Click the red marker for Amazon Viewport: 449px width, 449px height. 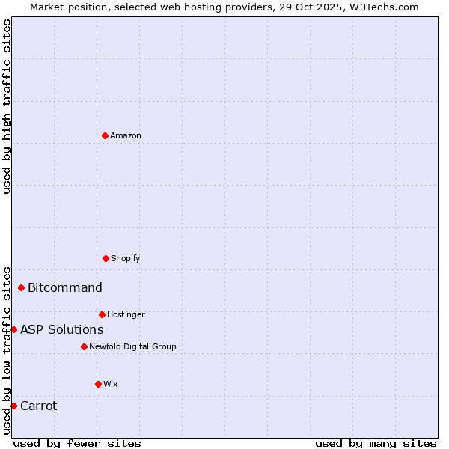(x=105, y=135)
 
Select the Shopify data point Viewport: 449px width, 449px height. (x=106, y=258)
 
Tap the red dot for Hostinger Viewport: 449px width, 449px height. (x=102, y=314)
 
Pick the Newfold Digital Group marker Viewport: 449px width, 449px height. (x=84, y=346)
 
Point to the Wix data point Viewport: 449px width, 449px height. (x=98, y=384)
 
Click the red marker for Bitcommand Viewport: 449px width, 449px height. (x=21, y=287)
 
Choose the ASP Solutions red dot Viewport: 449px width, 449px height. (x=13, y=329)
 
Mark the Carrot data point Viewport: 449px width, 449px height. (x=13, y=406)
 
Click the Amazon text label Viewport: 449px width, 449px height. (x=126, y=136)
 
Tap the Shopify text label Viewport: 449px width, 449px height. (x=126, y=259)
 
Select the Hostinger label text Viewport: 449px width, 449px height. (x=126, y=315)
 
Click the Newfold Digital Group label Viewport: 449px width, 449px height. (x=132, y=347)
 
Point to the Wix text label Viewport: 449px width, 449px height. (x=111, y=385)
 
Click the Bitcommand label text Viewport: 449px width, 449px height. (x=65, y=288)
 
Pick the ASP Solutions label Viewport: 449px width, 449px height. (x=62, y=330)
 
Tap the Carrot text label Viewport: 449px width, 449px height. (x=39, y=406)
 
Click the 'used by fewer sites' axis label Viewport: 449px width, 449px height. (x=77, y=443)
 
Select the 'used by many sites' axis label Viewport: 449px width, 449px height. (x=376, y=443)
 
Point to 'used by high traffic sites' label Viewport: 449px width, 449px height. (x=7, y=106)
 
